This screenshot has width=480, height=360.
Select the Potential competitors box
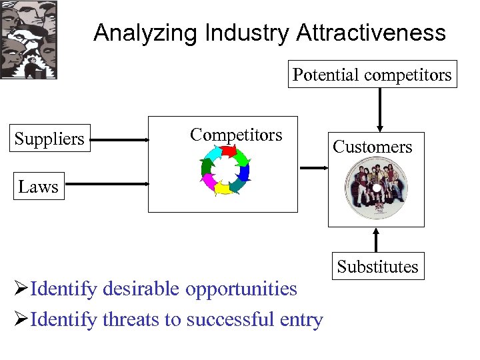[372, 75]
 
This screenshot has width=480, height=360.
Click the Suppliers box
[49, 139]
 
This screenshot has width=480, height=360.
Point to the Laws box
[38, 187]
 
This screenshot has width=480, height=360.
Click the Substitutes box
[377, 267]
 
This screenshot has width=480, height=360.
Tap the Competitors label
[236, 135]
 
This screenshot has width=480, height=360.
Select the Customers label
[373, 147]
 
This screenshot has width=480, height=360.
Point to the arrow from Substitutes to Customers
[377, 241]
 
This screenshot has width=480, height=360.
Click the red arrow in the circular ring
[229, 153]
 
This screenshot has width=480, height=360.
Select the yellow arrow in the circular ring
[223, 188]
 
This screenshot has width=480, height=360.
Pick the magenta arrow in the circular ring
[209, 181]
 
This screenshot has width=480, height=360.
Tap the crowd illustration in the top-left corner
[29, 40]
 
